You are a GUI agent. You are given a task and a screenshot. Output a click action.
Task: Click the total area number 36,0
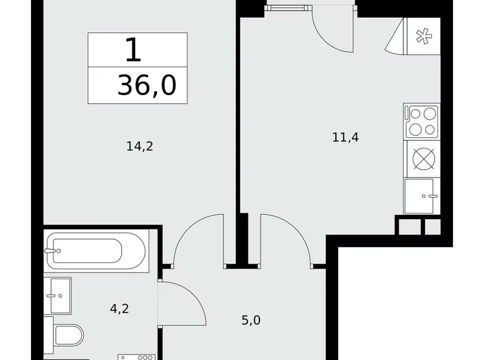tap(146, 86)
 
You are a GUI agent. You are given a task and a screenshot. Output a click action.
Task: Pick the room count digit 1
tap(133, 52)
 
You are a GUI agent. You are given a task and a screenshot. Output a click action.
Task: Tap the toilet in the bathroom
tap(66, 336)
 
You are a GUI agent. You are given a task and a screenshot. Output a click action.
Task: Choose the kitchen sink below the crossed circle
tap(423, 196)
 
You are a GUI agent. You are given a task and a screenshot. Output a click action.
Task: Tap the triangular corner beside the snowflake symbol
tap(395, 42)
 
